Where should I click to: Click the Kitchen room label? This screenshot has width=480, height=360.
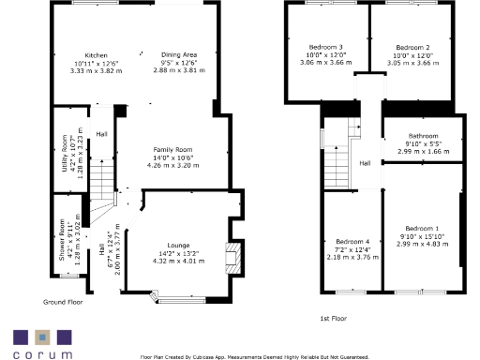tap(97, 55)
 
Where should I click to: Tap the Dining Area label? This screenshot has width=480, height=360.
tap(178, 55)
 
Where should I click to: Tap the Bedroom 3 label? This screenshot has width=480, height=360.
tap(327, 47)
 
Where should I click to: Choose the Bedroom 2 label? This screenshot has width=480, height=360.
tap(412, 47)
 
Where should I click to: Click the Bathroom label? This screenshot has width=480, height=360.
tap(423, 136)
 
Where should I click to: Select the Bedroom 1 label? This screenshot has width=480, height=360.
tap(423, 228)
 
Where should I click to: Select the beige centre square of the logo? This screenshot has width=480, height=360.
tap(41, 336)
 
